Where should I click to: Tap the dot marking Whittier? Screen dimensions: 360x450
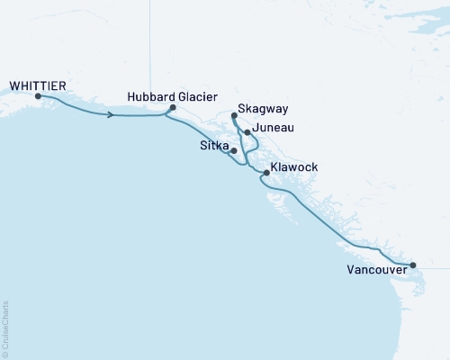[x=38, y=95]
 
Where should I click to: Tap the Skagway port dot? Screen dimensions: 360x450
[x=234, y=116]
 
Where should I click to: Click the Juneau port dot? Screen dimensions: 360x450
[x=247, y=131]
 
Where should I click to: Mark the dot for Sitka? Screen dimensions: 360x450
[x=234, y=151]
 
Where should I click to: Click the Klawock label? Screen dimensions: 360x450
[x=294, y=168]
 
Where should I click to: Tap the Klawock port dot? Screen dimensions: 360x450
[x=265, y=172]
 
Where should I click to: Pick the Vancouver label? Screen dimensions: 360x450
[x=375, y=268]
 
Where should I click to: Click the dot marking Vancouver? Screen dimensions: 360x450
[x=412, y=265]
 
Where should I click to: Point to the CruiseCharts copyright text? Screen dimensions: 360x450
[x=5, y=328]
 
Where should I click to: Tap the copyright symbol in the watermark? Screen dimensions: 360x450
[x=5, y=354]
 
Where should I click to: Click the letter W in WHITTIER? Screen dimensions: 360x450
[x=13, y=85]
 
